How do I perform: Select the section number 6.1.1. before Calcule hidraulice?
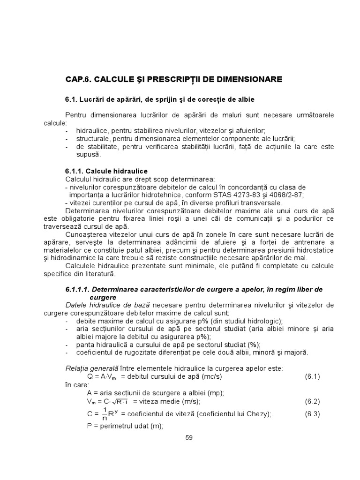76,171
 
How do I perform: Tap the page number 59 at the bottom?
189,437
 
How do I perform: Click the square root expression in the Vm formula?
119,402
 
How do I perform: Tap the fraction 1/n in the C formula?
105,414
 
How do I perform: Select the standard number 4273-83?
242,195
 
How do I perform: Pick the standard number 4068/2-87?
280,195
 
